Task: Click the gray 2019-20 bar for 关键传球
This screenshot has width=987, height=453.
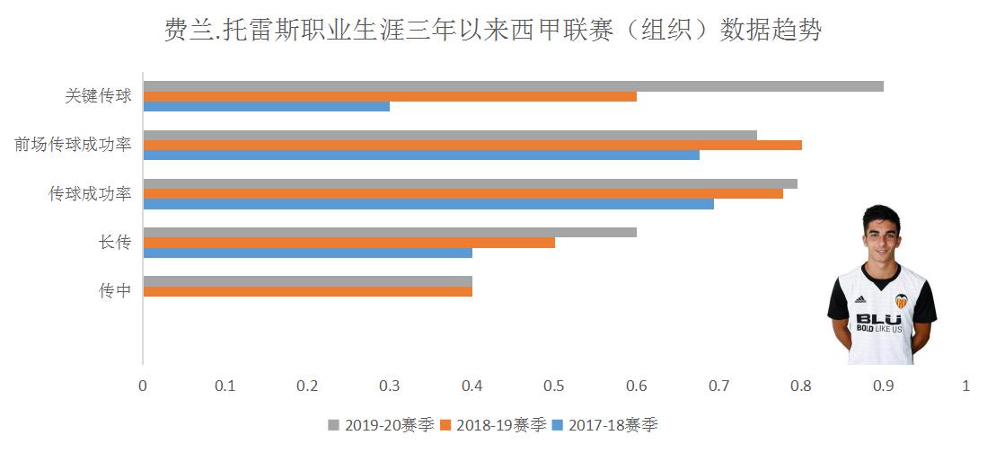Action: [513, 86]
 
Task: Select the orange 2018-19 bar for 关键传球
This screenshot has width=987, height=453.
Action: [390, 96]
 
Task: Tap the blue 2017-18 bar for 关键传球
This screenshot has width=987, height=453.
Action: [266, 106]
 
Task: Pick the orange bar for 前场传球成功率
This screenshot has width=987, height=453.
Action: [472, 145]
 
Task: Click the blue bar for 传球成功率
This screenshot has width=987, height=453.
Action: [427, 203]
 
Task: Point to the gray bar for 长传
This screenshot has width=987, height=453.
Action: [390, 232]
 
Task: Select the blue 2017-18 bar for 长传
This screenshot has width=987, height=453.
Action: [307, 253]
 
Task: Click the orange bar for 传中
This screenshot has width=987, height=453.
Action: [307, 291]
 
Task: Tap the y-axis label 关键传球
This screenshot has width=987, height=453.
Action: [99, 96]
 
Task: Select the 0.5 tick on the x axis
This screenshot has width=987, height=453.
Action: [554, 386]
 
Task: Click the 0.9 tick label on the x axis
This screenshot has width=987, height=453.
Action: [884, 386]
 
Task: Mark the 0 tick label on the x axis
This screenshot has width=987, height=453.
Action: [142, 386]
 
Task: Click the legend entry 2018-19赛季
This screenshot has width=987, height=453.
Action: [493, 424]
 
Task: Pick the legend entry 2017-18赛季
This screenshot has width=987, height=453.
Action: [606, 424]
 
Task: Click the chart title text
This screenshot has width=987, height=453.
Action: [493, 31]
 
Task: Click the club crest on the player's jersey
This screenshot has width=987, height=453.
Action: [901, 300]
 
